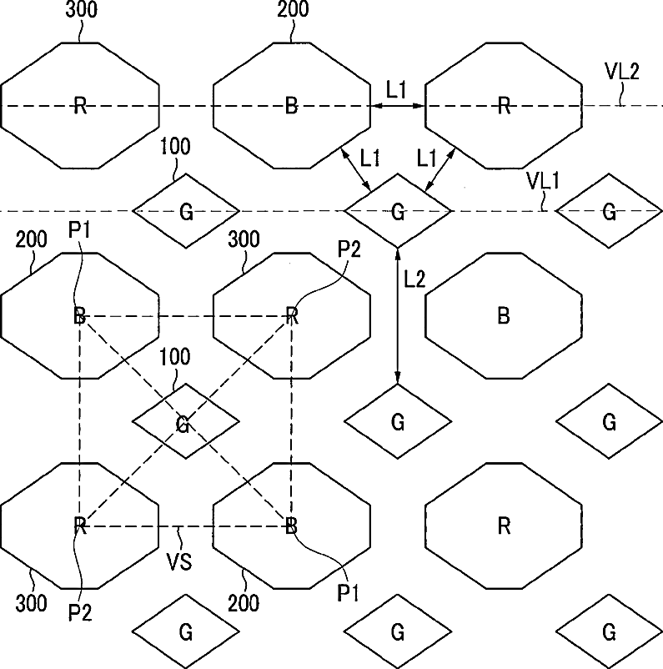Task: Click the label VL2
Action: click(622, 72)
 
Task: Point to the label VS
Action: click(180, 561)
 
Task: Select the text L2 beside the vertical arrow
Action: click(414, 279)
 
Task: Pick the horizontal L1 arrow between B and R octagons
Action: click(398, 106)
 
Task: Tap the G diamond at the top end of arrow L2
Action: click(397, 211)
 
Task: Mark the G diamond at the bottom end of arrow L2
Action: click(397, 421)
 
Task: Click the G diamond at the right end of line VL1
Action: click(609, 211)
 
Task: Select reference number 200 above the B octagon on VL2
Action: click(291, 11)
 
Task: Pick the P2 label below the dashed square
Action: click(79, 612)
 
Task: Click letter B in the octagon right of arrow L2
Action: click(503, 316)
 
